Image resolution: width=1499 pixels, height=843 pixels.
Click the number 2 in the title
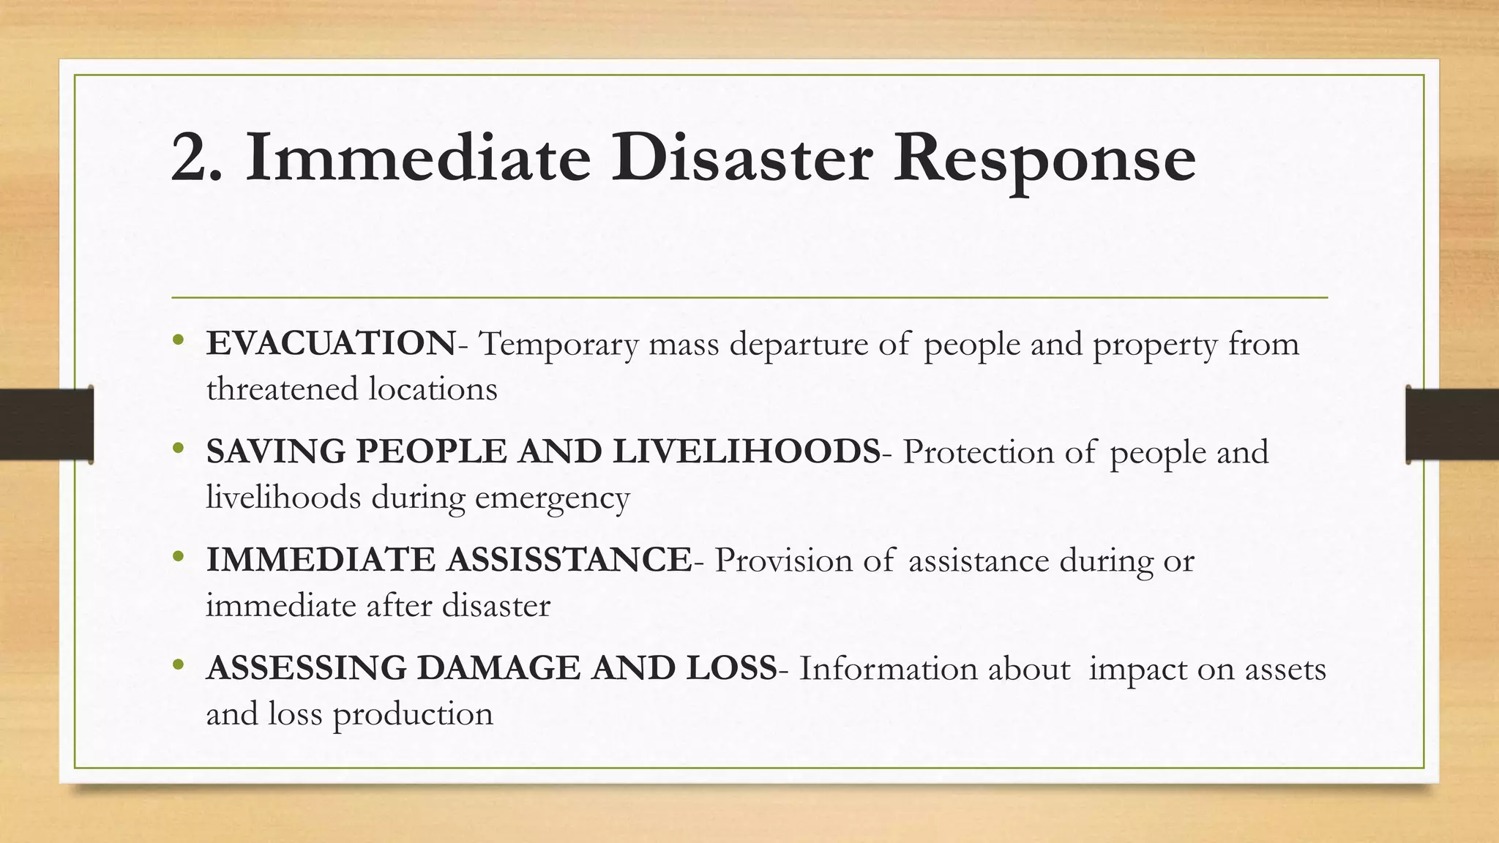[x=192, y=158]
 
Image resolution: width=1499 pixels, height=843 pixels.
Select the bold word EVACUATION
[x=331, y=344]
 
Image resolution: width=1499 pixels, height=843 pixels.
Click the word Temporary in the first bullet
[x=558, y=345]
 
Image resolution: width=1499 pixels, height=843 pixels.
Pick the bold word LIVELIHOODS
[x=747, y=452]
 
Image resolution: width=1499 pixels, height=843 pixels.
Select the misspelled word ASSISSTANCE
[x=569, y=560]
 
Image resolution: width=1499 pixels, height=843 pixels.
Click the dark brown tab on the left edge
[x=46, y=424]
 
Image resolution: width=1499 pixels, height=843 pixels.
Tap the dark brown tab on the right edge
[x=1452, y=424]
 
